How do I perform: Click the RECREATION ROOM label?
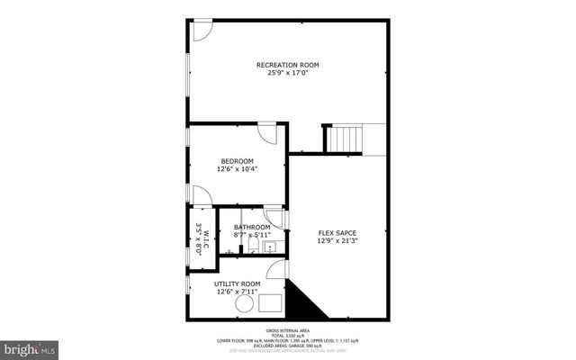(288, 65)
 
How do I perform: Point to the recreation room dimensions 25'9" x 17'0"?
(288, 73)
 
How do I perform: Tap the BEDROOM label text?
(238, 161)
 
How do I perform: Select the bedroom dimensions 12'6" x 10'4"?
(238, 169)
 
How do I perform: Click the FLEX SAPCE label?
(337, 233)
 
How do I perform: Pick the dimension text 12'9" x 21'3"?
(337, 241)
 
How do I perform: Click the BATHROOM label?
(252, 227)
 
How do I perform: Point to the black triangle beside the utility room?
(297, 301)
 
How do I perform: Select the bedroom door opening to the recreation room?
(267, 133)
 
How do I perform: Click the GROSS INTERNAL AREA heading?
(288, 328)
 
